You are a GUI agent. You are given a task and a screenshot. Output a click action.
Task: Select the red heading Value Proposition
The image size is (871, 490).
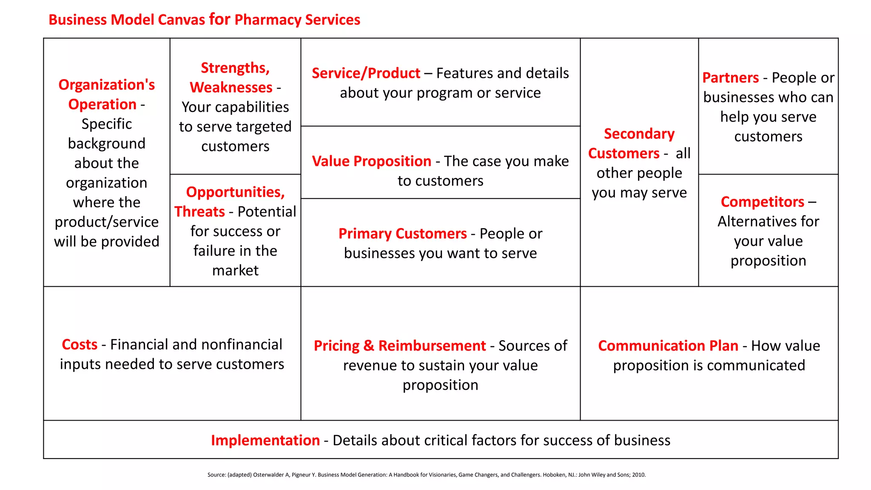pos(371,161)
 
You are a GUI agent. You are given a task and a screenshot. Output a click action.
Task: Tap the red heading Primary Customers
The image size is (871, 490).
pos(402,234)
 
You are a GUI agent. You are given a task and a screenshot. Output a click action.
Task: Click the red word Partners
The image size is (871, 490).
pos(730,78)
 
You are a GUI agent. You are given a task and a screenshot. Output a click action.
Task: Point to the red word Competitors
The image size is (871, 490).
pos(762,202)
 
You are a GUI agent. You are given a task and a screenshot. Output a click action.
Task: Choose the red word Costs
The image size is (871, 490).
pos(80,345)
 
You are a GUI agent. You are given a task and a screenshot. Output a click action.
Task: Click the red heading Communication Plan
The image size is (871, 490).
pos(668,346)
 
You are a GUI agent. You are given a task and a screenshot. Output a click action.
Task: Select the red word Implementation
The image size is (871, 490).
pos(265,440)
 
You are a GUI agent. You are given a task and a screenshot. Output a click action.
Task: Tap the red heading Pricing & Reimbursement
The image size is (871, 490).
pos(399,346)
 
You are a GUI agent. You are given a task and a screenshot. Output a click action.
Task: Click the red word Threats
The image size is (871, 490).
pos(199,211)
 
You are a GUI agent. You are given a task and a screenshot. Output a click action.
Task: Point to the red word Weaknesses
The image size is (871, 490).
pos(231,87)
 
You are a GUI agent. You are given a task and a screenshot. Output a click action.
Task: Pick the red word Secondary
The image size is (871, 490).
pos(639,134)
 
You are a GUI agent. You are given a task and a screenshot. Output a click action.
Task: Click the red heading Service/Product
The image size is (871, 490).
pos(366,73)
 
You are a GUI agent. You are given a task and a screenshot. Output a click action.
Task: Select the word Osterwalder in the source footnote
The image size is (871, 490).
pos(268,475)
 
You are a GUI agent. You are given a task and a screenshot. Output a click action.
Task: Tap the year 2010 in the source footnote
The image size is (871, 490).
pos(638,475)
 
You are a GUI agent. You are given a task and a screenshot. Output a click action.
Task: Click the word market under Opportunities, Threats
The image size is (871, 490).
pos(235,271)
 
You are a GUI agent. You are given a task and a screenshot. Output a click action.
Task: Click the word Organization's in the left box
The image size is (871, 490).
pos(106,85)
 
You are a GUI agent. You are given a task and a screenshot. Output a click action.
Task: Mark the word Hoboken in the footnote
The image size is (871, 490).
pos(554,475)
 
